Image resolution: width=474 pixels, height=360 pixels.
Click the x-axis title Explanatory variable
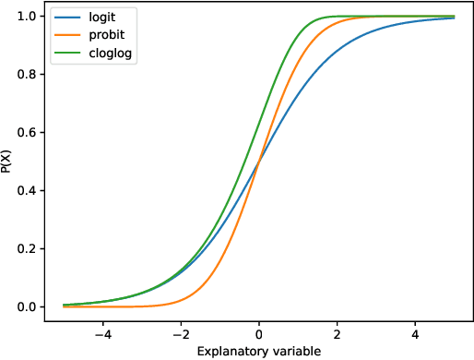tap(259, 351)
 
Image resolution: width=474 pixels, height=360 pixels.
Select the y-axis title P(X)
tap(9, 162)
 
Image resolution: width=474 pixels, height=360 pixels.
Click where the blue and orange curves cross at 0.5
tap(259, 162)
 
